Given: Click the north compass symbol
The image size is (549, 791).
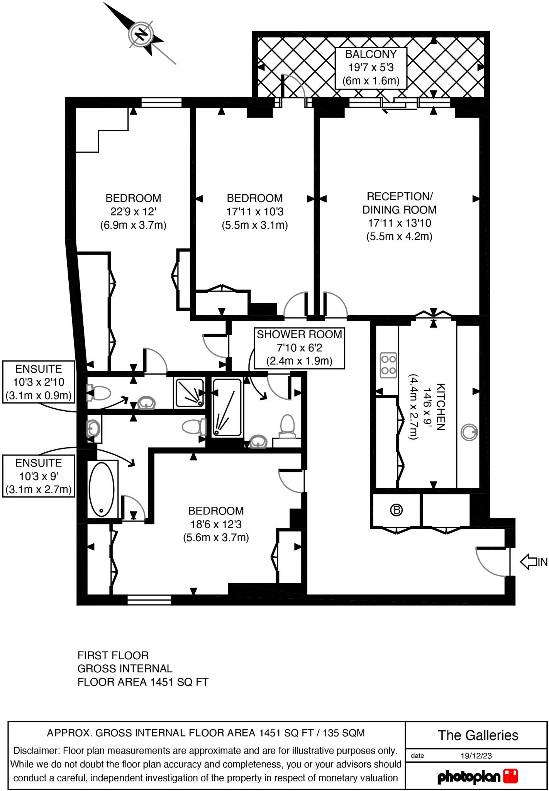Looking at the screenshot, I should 141,35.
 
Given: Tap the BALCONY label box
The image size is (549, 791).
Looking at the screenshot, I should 371,68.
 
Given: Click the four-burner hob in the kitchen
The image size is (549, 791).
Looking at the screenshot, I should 388,365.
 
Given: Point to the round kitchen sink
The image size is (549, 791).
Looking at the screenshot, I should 469,432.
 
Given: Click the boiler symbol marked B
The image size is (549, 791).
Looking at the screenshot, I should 396,510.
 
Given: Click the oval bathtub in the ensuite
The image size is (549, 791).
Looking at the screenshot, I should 102,489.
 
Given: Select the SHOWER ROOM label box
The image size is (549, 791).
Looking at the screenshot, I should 299,348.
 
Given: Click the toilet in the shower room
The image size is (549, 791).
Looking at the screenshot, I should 287,426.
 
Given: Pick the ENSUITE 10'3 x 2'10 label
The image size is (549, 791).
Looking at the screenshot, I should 39,382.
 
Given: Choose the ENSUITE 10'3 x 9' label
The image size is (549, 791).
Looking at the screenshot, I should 39,476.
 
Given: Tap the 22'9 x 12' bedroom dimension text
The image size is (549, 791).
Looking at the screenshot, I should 133,212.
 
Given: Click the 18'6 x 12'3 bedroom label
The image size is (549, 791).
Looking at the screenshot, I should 216,524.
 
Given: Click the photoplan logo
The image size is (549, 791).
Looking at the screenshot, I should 477,776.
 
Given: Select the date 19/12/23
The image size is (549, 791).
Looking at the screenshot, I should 476,756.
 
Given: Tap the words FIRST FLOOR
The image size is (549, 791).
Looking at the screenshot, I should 113,655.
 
